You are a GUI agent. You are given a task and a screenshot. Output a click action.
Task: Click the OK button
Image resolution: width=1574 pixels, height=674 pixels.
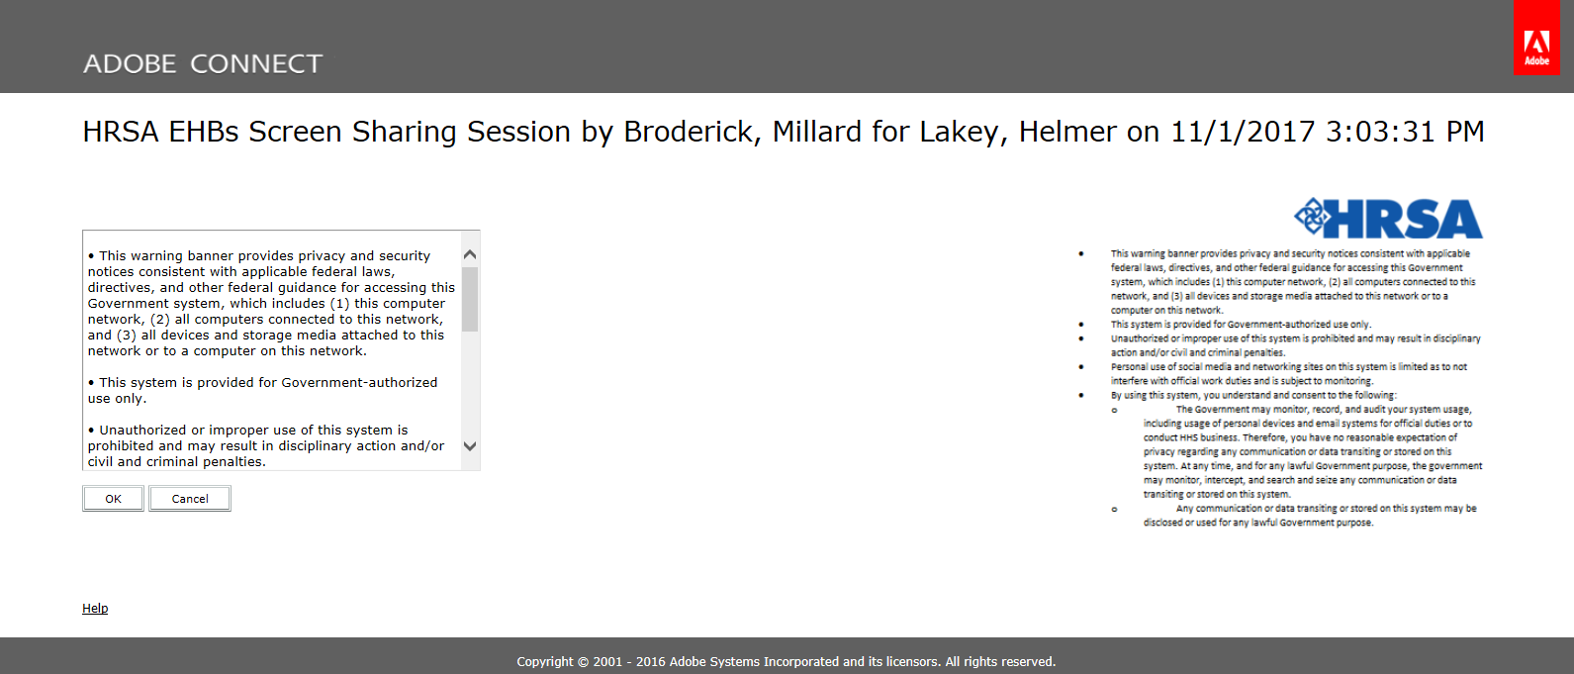(113, 498)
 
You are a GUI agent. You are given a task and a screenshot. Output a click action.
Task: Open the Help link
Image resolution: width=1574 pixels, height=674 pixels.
(95, 608)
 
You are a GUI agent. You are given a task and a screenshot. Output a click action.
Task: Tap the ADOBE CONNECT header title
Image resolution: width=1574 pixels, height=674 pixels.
(203, 64)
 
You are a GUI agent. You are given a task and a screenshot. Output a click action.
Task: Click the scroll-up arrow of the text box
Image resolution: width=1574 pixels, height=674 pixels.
(470, 254)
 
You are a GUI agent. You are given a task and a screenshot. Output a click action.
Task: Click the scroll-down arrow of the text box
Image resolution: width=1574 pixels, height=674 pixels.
(470, 446)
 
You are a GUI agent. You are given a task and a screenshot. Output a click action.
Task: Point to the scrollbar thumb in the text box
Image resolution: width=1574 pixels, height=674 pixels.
(470, 299)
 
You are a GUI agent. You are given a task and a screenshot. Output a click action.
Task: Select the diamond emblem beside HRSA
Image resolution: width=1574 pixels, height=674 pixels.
(1311, 217)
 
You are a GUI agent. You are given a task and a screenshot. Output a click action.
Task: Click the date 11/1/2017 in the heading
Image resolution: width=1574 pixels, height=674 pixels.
(1243, 132)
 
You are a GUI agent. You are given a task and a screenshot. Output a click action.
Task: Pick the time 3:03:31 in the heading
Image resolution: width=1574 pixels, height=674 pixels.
(1379, 132)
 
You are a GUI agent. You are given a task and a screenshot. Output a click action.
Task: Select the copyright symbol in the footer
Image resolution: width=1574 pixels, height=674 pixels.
(583, 662)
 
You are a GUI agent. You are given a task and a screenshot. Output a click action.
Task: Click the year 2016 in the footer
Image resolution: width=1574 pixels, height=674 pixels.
(650, 661)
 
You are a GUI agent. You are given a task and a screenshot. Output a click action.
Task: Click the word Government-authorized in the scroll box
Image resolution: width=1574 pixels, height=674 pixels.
(359, 382)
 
